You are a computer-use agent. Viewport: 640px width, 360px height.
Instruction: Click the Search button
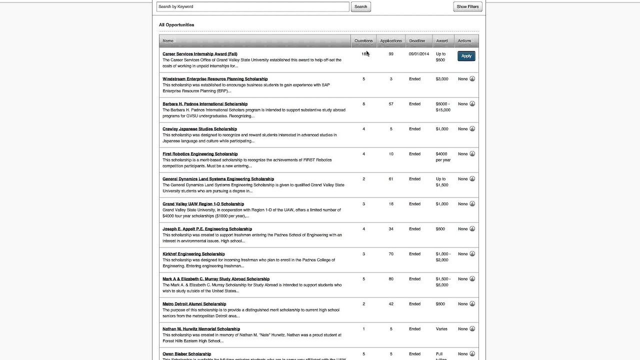tap(360, 6)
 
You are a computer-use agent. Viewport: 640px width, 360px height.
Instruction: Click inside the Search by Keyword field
tap(252, 6)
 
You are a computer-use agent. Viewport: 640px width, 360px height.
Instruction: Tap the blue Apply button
tap(466, 56)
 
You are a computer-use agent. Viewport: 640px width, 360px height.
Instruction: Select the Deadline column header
tap(417, 41)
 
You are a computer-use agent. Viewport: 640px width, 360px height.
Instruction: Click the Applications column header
tap(390, 41)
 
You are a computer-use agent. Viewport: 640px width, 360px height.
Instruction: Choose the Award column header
tap(441, 41)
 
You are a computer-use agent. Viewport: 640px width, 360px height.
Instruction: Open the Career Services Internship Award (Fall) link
tap(200, 54)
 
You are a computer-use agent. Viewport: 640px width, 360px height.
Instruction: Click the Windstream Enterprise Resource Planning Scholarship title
tap(215, 79)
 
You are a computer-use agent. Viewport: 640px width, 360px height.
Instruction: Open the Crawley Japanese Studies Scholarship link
tap(199, 129)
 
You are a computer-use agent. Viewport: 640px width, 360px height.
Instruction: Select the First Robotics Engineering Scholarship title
tap(200, 154)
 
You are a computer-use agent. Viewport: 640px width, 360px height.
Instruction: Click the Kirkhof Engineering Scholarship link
tap(193, 254)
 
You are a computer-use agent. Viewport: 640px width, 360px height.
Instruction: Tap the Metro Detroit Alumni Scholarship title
tap(194, 304)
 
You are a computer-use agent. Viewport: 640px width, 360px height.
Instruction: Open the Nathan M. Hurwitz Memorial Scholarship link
tap(201, 329)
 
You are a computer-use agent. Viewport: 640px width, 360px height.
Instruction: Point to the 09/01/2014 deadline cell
tap(418, 54)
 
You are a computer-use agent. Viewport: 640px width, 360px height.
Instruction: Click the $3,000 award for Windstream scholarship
tap(441, 79)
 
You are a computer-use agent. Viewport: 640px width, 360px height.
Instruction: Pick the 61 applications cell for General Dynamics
tap(391, 179)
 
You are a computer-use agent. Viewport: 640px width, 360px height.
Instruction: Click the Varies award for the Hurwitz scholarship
tap(441, 329)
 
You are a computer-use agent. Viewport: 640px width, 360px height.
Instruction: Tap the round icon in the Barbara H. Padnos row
tap(472, 104)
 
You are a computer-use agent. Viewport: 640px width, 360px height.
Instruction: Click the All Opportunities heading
tap(176, 24)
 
